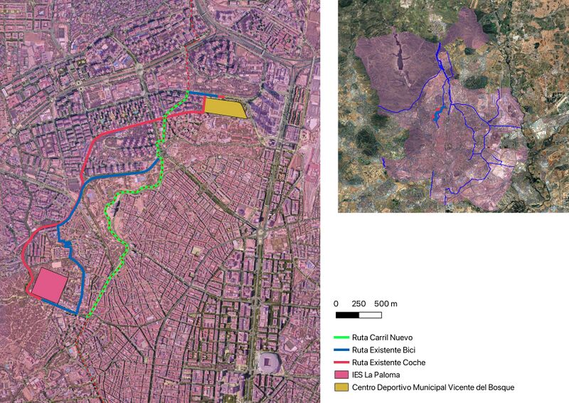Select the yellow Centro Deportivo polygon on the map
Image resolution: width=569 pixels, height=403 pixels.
224,108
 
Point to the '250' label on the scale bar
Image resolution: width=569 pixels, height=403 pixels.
359,304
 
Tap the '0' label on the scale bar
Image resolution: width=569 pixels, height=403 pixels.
336,304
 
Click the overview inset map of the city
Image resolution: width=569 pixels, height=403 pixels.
452,107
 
